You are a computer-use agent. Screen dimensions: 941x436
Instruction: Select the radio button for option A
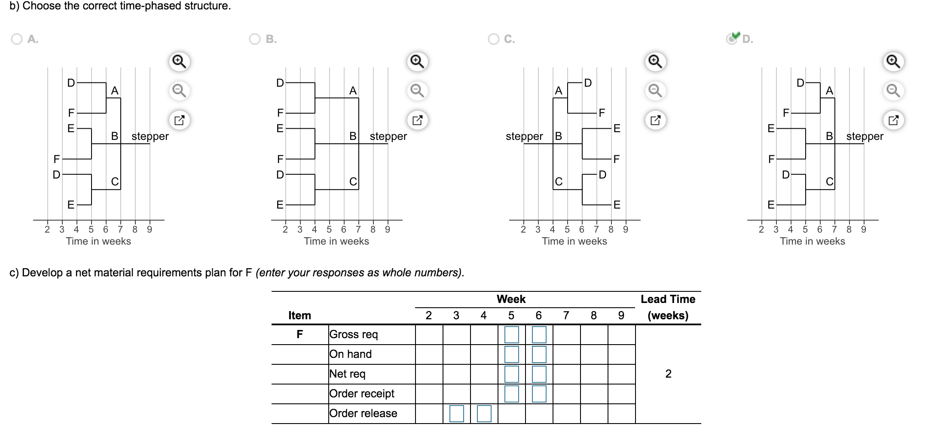[17, 39]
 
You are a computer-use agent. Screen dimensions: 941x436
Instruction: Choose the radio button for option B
[255, 39]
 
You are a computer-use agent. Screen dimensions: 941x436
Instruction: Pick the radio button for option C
[493, 39]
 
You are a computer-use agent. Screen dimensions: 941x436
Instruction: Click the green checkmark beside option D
[736, 36]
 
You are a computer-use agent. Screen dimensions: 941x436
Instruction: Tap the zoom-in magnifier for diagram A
[179, 62]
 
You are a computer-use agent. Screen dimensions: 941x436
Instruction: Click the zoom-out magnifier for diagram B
[417, 91]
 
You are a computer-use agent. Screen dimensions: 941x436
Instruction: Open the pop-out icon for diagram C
[655, 120]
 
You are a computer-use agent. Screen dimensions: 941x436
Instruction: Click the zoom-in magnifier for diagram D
[893, 62]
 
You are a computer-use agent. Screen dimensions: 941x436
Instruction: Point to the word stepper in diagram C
[524, 136]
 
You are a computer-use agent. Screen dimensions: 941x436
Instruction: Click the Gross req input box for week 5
[511, 335]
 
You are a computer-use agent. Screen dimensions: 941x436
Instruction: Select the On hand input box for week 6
[539, 354]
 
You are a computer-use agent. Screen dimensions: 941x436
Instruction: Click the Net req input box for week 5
[511, 374]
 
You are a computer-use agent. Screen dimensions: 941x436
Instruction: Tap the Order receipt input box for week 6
[539, 394]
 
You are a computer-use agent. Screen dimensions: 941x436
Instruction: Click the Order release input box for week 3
[456, 414]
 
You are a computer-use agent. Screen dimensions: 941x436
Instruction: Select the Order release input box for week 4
[484, 414]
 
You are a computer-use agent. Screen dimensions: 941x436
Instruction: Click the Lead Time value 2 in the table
[668, 374]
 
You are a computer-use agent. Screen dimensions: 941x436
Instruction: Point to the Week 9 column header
[621, 316]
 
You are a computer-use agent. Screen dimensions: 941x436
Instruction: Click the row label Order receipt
[362, 394]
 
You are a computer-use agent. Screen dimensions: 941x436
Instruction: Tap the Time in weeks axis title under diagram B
[336, 241]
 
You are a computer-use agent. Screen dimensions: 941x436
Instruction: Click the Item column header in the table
[299, 315]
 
